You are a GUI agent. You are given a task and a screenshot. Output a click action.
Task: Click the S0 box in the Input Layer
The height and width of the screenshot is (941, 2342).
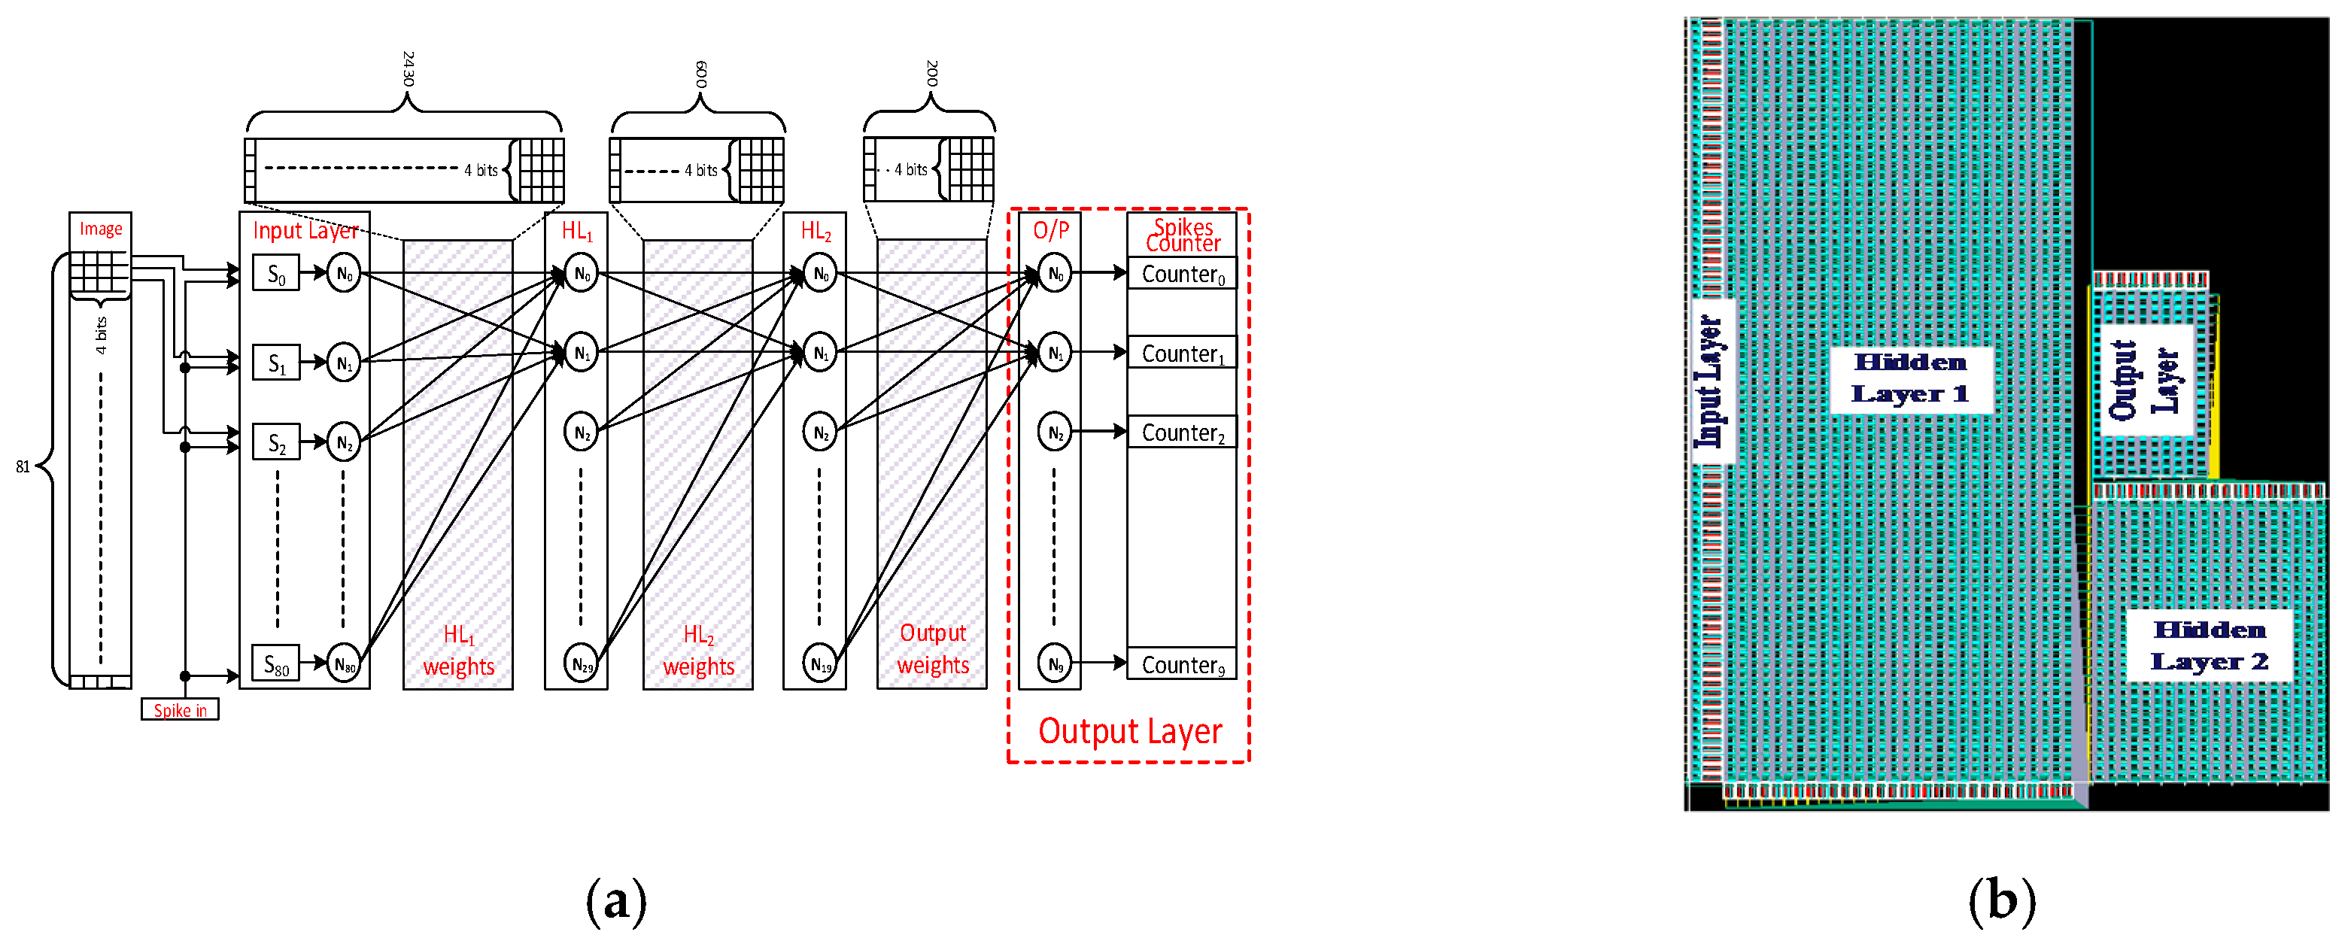(x=276, y=274)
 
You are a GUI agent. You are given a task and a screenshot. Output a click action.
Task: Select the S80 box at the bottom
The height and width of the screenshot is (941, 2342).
(x=276, y=665)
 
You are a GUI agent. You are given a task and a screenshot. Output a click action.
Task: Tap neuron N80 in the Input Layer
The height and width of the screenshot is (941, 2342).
(x=344, y=665)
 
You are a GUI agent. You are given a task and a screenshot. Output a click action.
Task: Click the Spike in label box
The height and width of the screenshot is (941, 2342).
(x=180, y=710)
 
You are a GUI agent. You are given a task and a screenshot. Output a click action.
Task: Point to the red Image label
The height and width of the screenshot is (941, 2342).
(x=100, y=228)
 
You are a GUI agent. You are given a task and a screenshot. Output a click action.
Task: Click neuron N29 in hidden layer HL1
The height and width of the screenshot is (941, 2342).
(x=582, y=665)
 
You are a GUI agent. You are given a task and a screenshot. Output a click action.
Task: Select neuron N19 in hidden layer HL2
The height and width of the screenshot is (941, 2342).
(x=820, y=665)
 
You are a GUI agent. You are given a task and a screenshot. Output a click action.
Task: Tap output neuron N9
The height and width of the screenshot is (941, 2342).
(x=1055, y=665)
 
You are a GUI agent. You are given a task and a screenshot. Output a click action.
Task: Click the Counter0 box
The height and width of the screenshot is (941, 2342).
(x=1182, y=274)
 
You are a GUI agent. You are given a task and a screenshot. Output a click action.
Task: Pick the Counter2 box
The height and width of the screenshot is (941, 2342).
(x=1182, y=433)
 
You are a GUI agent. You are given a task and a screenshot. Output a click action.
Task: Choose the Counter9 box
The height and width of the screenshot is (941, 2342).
(x=1182, y=665)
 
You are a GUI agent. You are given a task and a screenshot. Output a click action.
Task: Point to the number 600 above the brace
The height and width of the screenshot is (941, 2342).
(x=701, y=74)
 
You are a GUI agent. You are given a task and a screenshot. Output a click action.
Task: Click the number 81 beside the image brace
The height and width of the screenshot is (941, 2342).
(x=23, y=466)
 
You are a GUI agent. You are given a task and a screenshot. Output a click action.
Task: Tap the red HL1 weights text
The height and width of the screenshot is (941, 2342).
(x=458, y=650)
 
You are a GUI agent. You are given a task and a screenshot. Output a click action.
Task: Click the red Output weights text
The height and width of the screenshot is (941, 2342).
(x=933, y=648)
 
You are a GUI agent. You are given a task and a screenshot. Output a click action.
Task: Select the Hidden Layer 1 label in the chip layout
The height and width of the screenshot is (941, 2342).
(x=1910, y=378)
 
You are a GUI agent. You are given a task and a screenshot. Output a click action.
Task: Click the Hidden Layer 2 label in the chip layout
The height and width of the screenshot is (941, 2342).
(x=2210, y=645)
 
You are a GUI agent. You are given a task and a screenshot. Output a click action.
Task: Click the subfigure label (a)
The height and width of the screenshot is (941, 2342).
(x=616, y=901)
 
